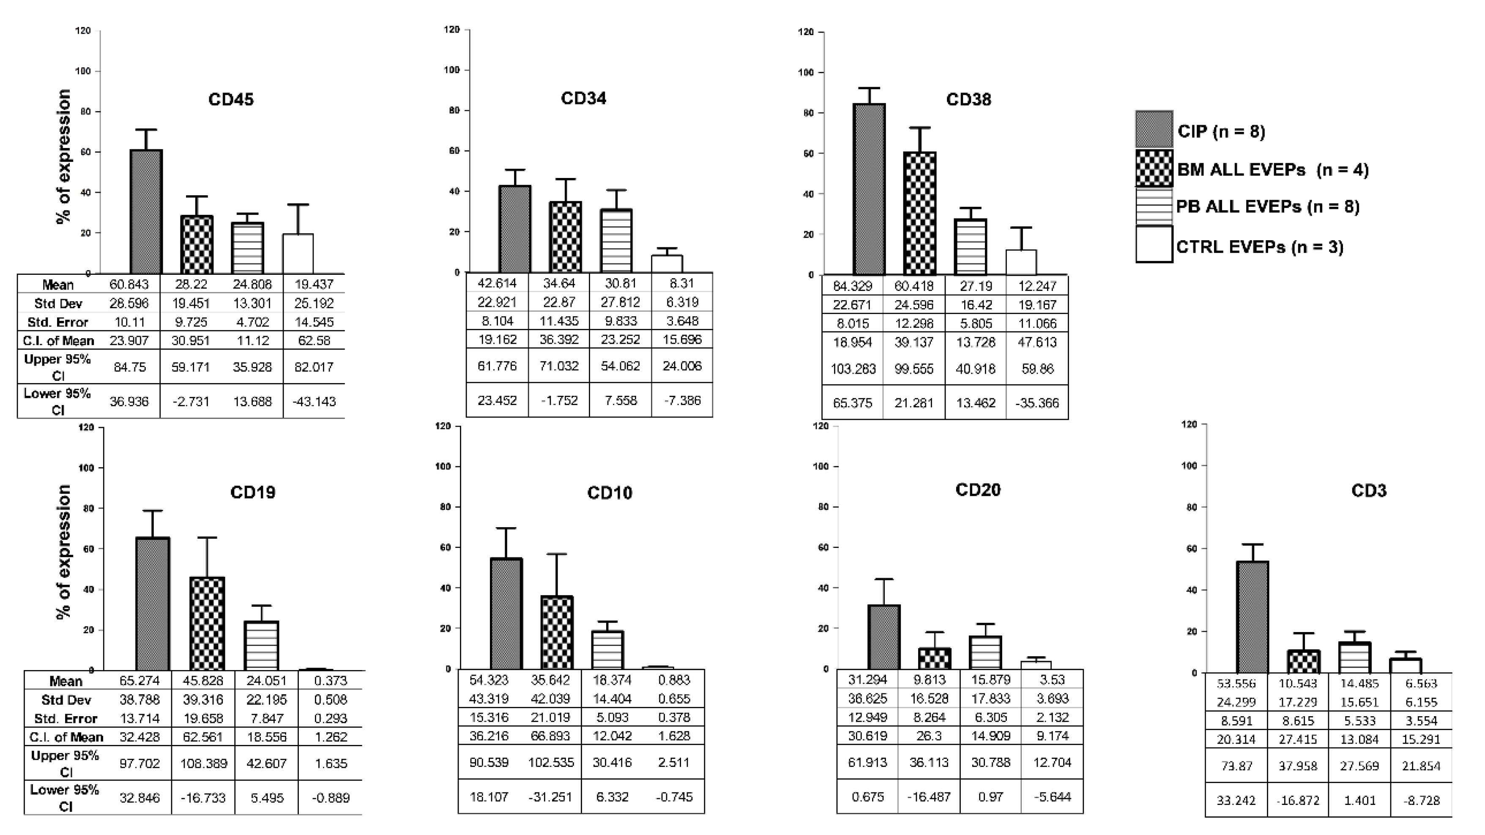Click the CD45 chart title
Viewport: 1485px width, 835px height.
tap(230, 99)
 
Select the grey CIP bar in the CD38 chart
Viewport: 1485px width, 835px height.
tap(869, 190)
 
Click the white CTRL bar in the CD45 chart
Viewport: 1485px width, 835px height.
tap(298, 254)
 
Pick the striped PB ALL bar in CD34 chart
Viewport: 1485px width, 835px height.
tap(616, 241)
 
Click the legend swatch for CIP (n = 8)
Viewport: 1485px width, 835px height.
tap(1154, 129)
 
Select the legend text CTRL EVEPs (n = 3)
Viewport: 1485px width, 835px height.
tap(1260, 247)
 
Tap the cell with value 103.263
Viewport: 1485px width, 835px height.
tap(853, 369)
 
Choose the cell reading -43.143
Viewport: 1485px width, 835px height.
tap(314, 401)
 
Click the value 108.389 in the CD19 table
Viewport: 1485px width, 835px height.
tap(203, 764)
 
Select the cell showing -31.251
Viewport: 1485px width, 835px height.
tap(550, 797)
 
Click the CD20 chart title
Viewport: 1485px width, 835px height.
tap(978, 490)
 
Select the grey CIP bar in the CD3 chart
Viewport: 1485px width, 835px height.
tap(1252, 617)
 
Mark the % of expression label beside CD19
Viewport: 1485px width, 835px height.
tap(64, 552)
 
